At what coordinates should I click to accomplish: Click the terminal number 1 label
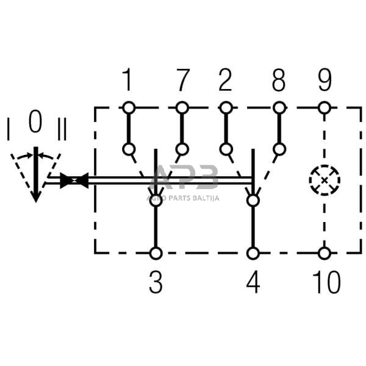point(127,80)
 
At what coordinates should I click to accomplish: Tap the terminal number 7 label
point(182,80)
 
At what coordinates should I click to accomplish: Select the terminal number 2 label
point(225,80)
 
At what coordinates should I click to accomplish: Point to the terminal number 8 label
point(279,80)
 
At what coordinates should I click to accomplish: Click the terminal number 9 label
point(325,80)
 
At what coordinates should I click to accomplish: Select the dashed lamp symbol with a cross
point(325,180)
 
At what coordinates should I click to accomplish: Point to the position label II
point(62,129)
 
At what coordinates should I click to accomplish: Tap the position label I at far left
point(9,129)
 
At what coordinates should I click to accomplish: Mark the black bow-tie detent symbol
point(74,181)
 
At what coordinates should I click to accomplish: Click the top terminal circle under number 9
point(325,108)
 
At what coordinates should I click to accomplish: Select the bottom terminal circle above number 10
point(325,253)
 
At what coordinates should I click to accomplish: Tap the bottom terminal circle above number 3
point(156,253)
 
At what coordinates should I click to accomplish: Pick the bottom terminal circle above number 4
point(253,253)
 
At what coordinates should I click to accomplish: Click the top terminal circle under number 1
point(128,108)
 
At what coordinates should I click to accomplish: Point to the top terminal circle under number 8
point(279,108)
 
